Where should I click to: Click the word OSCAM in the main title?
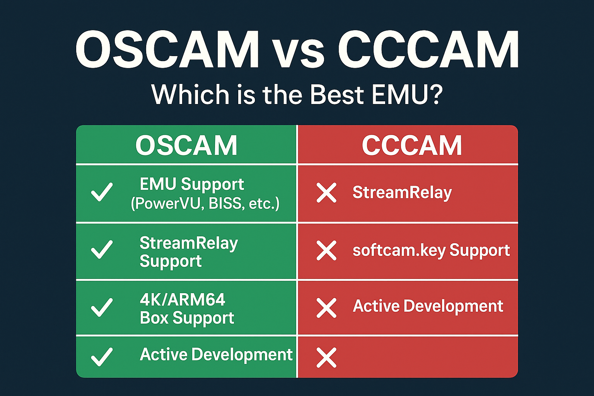click(167, 49)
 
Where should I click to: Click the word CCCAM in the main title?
click(428, 49)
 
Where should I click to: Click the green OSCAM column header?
click(186, 145)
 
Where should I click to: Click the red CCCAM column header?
click(412, 145)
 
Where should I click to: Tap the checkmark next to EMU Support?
click(102, 192)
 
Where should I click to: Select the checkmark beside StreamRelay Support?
click(102, 249)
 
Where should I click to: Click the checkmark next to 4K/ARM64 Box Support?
click(102, 307)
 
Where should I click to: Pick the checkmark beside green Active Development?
click(102, 357)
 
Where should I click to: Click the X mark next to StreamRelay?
click(326, 193)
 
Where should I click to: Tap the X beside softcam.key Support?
click(326, 250)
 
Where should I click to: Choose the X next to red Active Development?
click(326, 308)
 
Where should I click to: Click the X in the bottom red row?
click(326, 358)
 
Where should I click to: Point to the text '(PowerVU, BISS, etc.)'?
click(205, 204)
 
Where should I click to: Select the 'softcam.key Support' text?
click(431, 250)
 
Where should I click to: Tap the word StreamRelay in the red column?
click(402, 193)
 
